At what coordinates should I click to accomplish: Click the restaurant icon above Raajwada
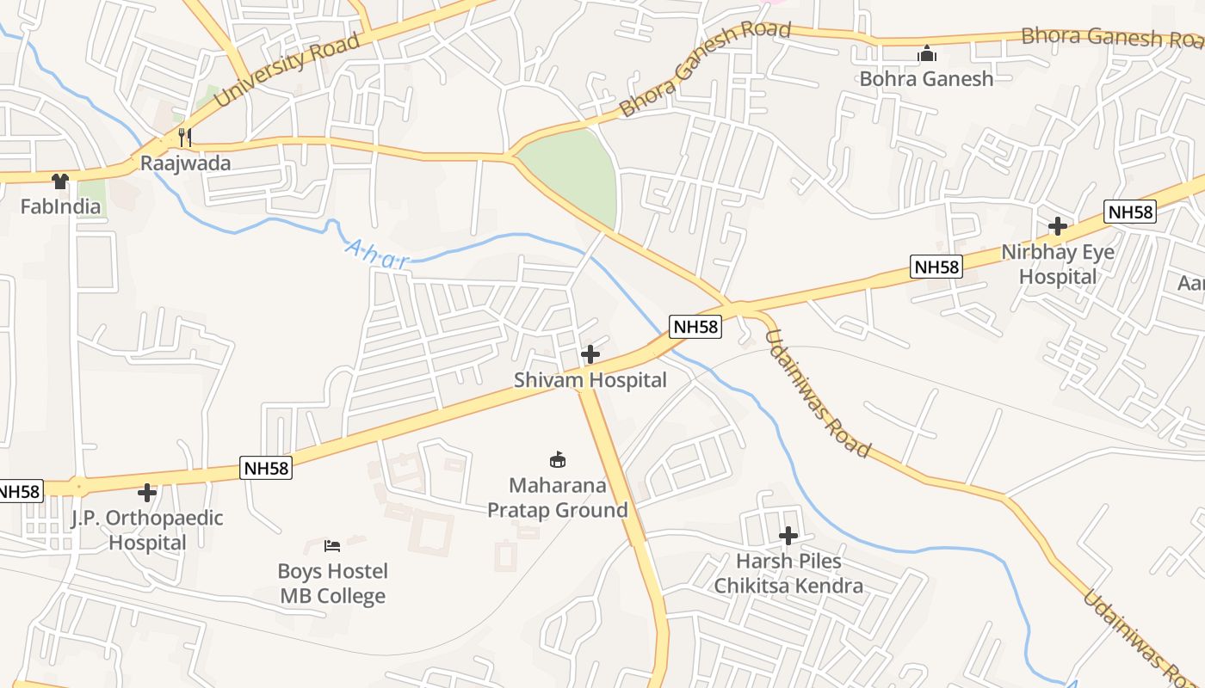pos(184,137)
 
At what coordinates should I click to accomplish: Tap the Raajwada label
pos(186,163)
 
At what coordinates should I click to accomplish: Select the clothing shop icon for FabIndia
pos(59,181)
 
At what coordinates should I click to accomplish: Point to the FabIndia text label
pos(60,206)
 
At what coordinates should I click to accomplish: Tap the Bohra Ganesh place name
pos(926,79)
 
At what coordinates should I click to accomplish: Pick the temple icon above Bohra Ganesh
pos(926,54)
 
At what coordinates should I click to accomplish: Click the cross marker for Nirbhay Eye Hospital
pos(1058,227)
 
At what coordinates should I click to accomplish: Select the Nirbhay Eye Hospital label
pos(1058,264)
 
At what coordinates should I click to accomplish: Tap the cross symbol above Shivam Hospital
pos(590,354)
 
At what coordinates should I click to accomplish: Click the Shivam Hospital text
pos(590,380)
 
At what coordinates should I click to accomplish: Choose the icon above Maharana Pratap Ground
pos(557,460)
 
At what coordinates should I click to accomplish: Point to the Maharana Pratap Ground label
pos(558,498)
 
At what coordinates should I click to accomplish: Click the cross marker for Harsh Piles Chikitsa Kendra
pos(788,536)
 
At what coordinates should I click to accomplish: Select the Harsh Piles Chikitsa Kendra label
pos(788,574)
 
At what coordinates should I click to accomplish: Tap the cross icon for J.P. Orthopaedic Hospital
pos(147,493)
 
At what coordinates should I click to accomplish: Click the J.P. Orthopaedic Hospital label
pos(147,531)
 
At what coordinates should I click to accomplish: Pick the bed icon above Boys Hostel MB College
pos(332,546)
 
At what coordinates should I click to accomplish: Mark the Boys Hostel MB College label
pos(332,584)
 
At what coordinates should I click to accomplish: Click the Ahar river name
pos(377,255)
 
